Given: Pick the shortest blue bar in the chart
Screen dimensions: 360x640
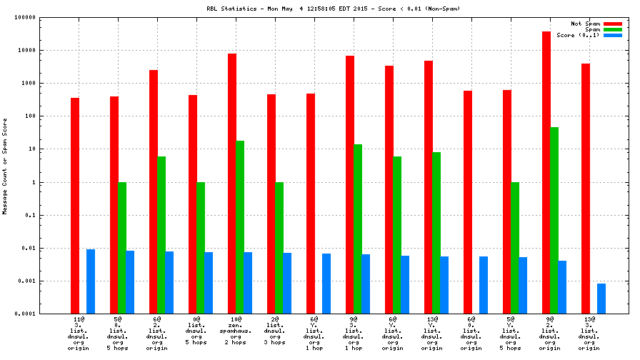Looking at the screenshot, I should (601, 299).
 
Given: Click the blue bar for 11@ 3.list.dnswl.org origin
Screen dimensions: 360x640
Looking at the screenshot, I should (91, 281).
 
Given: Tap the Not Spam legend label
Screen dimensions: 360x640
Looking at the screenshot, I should (585, 24).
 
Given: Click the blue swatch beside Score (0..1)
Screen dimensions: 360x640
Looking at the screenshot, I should (613, 35).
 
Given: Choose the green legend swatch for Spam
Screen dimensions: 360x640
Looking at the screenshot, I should (613, 29).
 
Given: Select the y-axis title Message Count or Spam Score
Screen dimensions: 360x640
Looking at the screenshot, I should (5, 166).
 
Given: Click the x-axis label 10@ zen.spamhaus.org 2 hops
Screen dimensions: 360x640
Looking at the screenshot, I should (236, 333).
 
